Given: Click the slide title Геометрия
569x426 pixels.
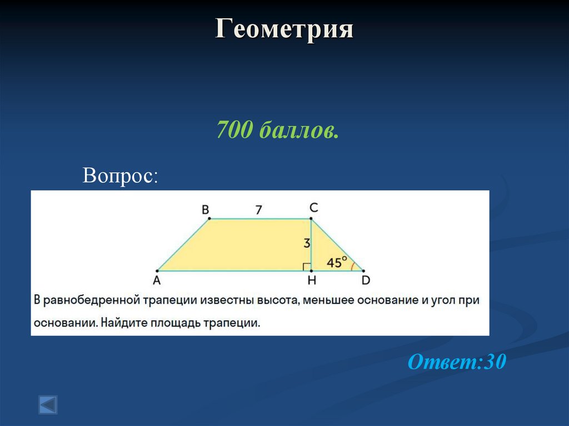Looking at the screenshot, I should pos(284,29).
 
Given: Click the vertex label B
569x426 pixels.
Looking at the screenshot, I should pos(205,209).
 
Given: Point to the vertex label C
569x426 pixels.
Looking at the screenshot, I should pos(313,208).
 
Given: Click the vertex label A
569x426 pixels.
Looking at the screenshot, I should pos(157,280).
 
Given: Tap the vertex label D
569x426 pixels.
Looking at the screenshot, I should pos(366,280).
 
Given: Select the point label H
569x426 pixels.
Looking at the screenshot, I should pos(312,280).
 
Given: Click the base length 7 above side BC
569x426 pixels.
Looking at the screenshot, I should pos(258,209).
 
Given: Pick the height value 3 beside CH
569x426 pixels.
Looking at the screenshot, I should pos(306,243).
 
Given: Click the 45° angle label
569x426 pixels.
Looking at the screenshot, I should pos(337,261).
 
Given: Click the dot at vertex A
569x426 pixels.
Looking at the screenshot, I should pos(158,270).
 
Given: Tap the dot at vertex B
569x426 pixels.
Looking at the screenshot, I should pos(209,219).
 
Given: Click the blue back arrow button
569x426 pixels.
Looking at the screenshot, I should pos(47,404).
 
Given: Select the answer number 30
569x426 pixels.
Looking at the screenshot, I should pos(495,362).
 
